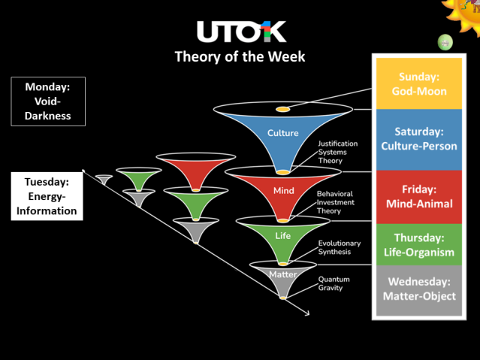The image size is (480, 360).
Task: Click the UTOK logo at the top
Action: [x=240, y=32]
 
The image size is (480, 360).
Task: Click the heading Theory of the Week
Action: [x=240, y=56]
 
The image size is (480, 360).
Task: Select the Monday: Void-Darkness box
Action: [x=48, y=101]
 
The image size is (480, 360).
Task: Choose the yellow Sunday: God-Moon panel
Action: [x=419, y=84]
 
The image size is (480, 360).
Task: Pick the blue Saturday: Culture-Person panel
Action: [x=419, y=139]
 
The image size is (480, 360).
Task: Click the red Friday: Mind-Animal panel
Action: [x=419, y=196]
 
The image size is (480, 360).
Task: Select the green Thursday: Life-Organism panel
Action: [x=419, y=245]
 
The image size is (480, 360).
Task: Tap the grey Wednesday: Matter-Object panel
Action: [x=419, y=289]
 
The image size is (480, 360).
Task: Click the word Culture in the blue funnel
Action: [x=283, y=134]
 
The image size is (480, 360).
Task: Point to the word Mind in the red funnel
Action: [x=283, y=191]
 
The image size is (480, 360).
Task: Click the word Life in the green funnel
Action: [x=283, y=236]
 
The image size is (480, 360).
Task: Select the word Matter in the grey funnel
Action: [x=283, y=274]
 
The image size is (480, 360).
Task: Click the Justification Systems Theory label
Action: [x=337, y=152]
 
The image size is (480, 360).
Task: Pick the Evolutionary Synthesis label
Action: [x=340, y=247]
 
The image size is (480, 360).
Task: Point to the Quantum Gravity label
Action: [x=334, y=283]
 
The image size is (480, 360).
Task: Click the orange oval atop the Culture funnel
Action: [x=282, y=110]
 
